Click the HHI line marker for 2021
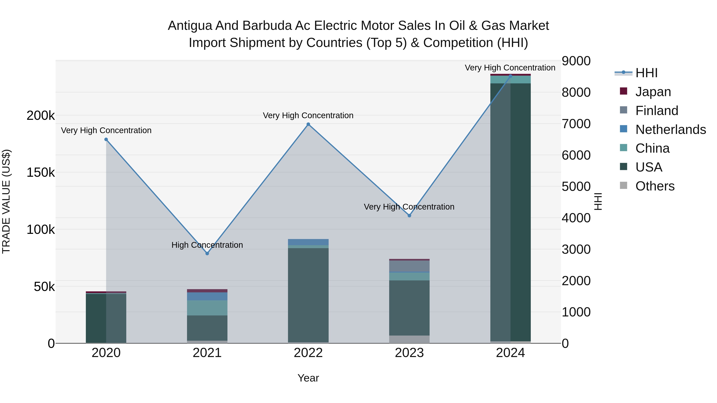[x=207, y=253]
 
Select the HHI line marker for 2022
[x=308, y=124]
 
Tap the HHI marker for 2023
[x=409, y=216]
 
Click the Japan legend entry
[x=653, y=92]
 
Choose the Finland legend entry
[x=657, y=111]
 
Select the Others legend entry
[x=655, y=186]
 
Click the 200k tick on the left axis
[x=41, y=115]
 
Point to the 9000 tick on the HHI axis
[x=576, y=61]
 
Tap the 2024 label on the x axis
[x=510, y=353]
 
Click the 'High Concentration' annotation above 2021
[x=207, y=245]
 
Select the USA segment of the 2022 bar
[x=308, y=295]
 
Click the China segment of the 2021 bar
[x=207, y=308]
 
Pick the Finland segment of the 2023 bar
[x=409, y=266]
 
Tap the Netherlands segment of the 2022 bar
[x=308, y=242]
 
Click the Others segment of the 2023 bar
[x=409, y=339]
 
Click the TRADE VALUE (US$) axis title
[x=6, y=201]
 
